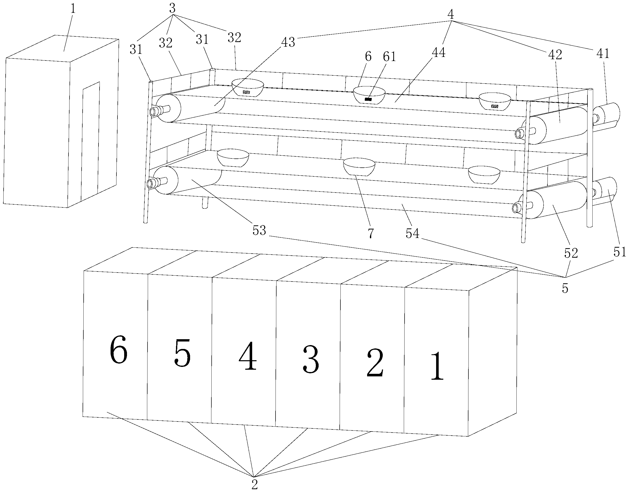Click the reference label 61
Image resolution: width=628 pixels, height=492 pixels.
tap(389, 57)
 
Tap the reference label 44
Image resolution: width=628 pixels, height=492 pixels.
tap(438, 52)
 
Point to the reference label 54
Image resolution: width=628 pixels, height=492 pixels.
tap(413, 233)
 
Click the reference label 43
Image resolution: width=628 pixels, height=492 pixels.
tap(288, 42)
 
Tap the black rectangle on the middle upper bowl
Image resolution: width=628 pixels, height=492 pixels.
tap(368, 99)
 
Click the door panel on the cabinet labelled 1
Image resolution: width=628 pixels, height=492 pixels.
tap(91, 141)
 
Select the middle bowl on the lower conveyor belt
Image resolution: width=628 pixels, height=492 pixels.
tap(359, 166)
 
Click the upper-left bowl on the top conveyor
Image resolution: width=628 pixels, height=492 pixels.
tap(248, 87)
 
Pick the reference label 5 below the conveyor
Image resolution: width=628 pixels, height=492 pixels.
tap(565, 288)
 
